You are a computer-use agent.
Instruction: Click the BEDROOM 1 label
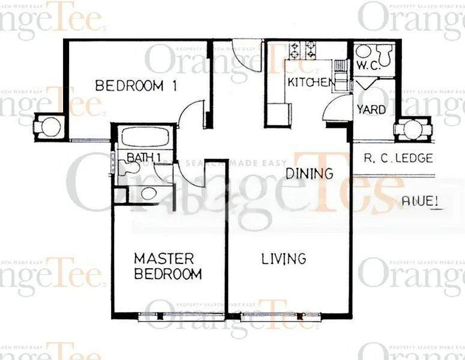click(x=137, y=86)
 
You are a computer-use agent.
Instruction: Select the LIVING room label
click(x=284, y=259)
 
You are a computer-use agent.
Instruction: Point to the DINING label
click(x=309, y=174)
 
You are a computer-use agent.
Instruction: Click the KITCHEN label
click(x=309, y=82)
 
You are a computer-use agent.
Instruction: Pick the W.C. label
click(x=368, y=65)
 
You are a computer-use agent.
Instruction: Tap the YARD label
click(x=371, y=109)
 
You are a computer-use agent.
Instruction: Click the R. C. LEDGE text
click(x=398, y=159)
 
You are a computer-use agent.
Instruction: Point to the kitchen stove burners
click(x=302, y=49)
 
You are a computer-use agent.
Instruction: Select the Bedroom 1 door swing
click(x=193, y=114)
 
